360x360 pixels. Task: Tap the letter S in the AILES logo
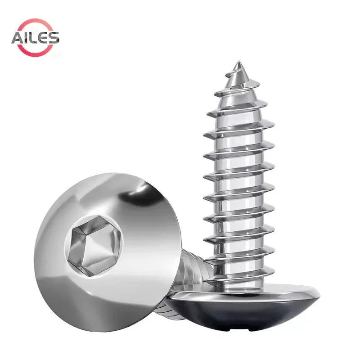(x=53, y=38)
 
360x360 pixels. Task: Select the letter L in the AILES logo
(x=33, y=38)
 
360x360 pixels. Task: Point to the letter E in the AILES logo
(x=43, y=38)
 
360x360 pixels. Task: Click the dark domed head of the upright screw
(x=243, y=315)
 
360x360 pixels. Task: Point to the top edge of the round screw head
(x=112, y=174)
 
